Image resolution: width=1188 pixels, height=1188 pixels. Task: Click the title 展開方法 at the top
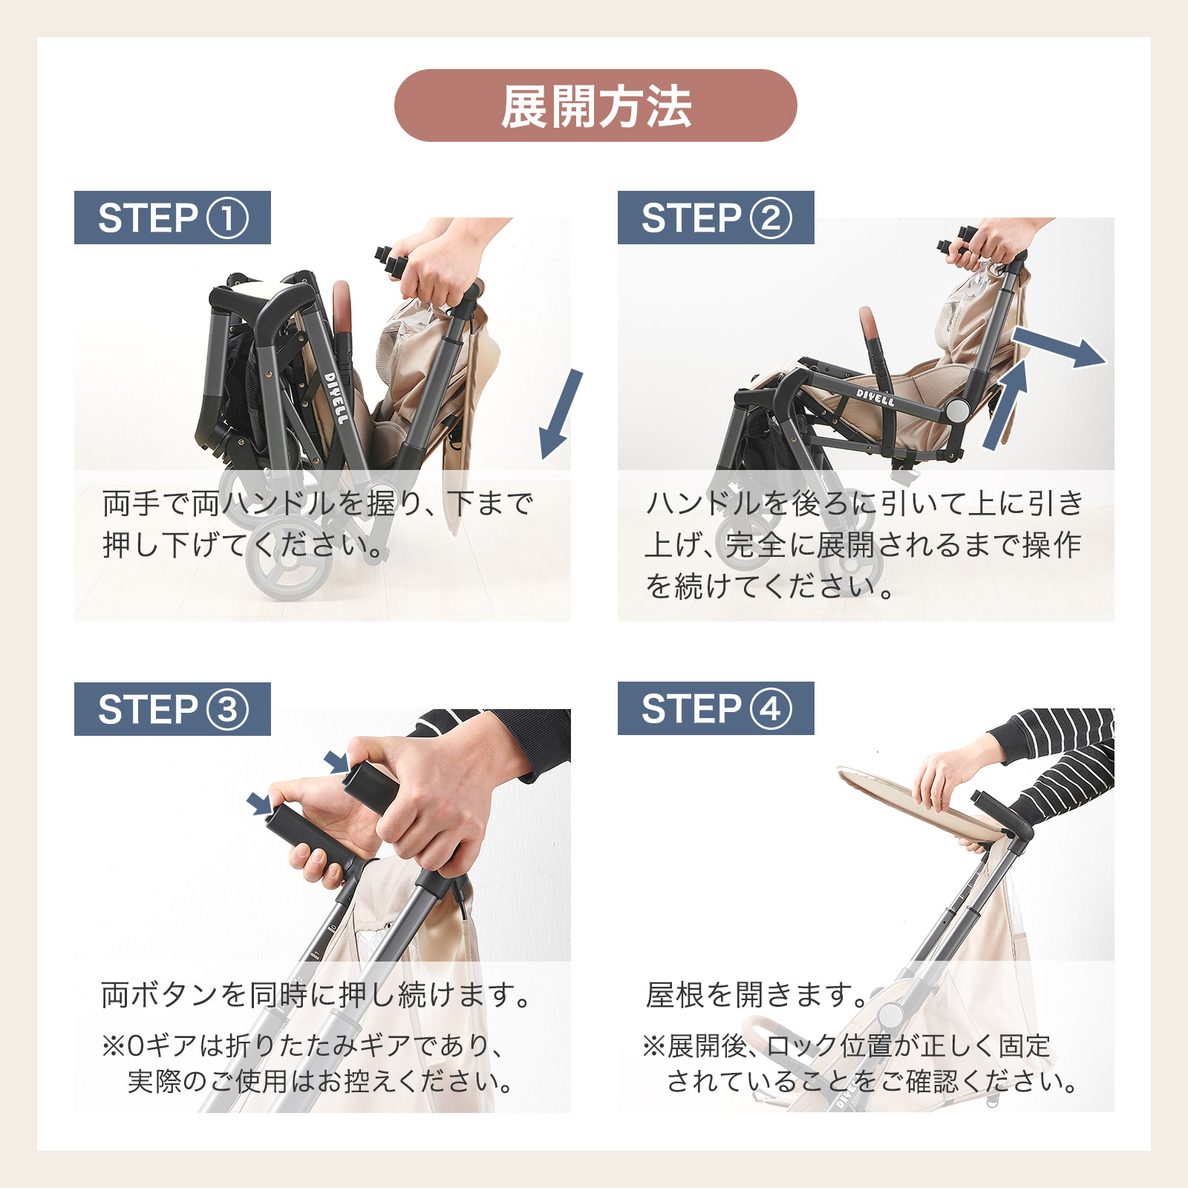tap(595, 106)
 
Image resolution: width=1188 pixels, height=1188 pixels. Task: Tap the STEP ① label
tap(172, 218)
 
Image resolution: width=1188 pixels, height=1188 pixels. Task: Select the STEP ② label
tap(716, 218)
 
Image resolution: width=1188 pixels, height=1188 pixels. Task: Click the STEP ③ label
tap(172, 709)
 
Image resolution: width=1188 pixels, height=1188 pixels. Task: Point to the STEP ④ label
tap(716, 708)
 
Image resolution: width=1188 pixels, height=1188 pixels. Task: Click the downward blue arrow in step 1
tap(561, 414)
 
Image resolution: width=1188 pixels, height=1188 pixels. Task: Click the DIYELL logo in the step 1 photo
tap(336, 399)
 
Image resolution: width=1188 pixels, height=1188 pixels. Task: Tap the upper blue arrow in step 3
tap(336, 762)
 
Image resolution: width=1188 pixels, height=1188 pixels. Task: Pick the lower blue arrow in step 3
tap(259, 803)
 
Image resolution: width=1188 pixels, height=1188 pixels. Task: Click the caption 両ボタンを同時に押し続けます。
tap(316, 994)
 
